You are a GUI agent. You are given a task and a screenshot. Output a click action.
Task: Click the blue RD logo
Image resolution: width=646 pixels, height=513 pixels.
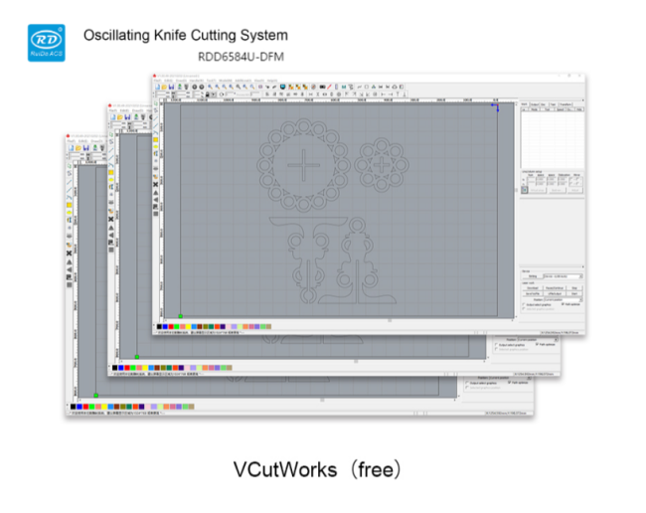[45, 41]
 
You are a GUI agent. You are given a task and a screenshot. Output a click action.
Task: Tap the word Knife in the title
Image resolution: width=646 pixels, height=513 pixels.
[181, 35]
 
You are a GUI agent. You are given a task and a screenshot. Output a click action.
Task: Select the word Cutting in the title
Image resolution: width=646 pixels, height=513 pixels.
[230, 35]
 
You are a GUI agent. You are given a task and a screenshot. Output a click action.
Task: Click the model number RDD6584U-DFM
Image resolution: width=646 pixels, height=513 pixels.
[241, 57]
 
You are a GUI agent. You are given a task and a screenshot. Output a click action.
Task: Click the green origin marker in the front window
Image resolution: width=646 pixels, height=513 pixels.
[180, 315]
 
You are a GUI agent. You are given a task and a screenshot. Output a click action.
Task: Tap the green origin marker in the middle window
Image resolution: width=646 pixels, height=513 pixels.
[137, 355]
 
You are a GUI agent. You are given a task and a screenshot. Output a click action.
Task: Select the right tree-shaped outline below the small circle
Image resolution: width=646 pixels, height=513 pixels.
[358, 256]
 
